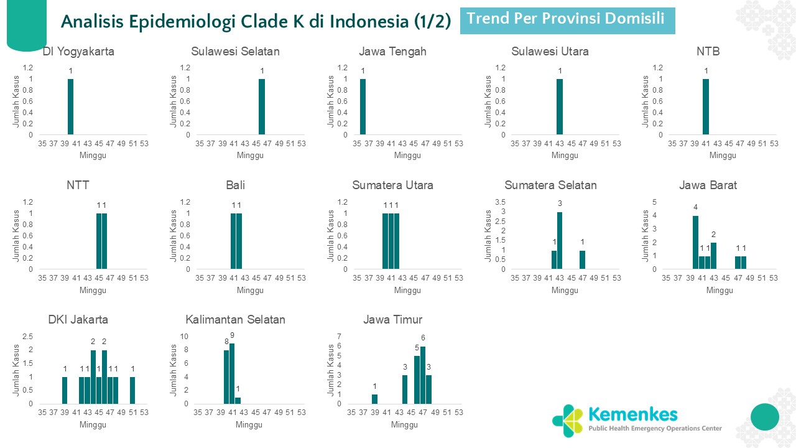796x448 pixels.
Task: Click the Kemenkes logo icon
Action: point(567,421)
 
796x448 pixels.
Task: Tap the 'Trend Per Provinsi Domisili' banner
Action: point(567,20)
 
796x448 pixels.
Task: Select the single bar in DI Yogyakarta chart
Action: point(70,106)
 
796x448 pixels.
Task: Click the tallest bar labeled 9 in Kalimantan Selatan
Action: point(232,373)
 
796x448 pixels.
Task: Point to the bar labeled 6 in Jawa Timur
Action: point(423,375)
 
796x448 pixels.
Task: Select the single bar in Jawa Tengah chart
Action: point(363,106)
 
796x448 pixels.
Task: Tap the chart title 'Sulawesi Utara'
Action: point(550,52)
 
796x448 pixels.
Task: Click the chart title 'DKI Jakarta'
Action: point(78,320)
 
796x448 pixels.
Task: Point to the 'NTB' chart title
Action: point(708,52)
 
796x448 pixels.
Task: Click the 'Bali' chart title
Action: point(235,185)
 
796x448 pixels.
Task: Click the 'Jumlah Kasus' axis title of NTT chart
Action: point(17,235)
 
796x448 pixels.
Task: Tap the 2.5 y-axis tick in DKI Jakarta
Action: point(28,337)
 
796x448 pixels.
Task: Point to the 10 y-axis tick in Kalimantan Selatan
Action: point(183,337)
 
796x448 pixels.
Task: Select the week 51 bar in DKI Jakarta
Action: point(132,390)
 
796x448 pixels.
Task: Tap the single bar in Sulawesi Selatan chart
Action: point(262,106)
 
